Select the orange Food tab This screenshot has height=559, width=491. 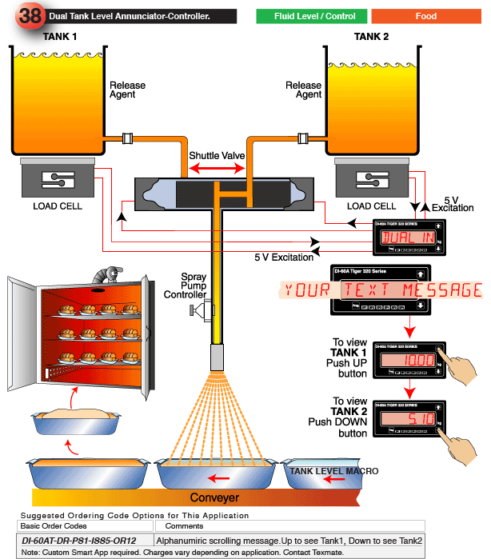click(426, 16)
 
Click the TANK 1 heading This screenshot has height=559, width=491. click(60, 36)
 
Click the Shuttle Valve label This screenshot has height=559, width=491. click(215, 154)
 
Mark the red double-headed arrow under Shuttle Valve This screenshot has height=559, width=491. click(216, 168)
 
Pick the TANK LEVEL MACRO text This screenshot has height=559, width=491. click(334, 472)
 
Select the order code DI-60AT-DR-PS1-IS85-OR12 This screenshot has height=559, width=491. click(80, 541)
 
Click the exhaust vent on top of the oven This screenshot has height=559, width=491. click(104, 275)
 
